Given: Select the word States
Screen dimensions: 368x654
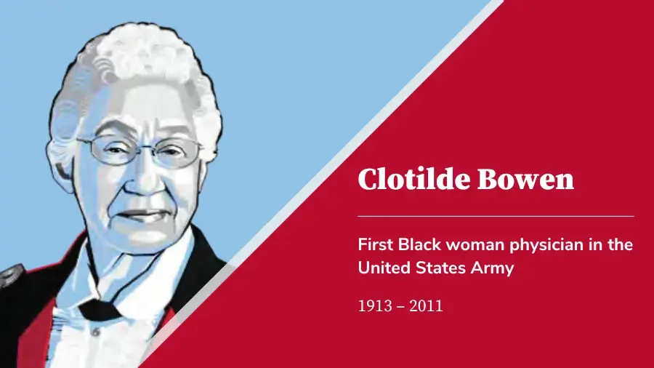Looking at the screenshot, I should [x=440, y=268].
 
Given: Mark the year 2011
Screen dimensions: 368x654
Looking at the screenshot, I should [x=426, y=306].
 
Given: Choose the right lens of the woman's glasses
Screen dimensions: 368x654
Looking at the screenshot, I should [x=177, y=153].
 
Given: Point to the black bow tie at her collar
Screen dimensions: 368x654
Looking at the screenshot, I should [x=102, y=308].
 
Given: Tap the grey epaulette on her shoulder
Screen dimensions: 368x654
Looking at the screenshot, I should [x=10, y=276].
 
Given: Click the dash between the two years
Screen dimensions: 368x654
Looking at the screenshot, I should [x=400, y=307].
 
